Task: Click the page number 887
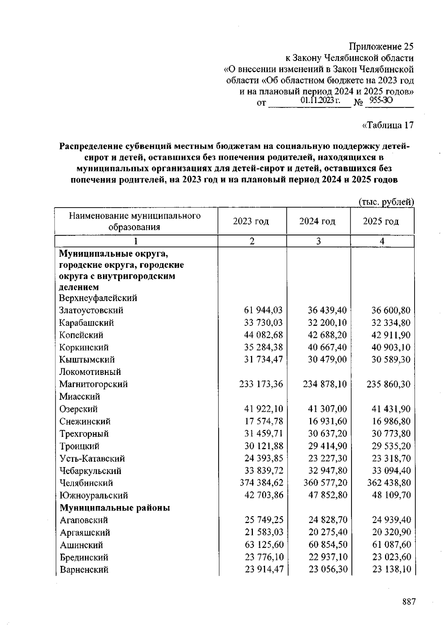click(x=409, y=602)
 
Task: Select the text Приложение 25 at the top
click(x=381, y=47)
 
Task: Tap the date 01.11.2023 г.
click(x=320, y=100)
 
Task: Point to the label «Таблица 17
click(x=388, y=126)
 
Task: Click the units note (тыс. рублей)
click(x=387, y=202)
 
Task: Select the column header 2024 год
click(x=317, y=221)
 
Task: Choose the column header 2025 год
click(x=381, y=221)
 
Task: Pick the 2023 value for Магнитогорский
click(x=261, y=384)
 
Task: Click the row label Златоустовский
click(x=91, y=310)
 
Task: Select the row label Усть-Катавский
click(x=92, y=458)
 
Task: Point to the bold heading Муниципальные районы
click(x=115, y=508)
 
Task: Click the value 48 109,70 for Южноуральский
click(x=391, y=495)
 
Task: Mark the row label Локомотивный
click(x=90, y=372)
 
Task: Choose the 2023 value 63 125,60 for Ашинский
click(x=264, y=545)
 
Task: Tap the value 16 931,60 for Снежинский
click(x=327, y=421)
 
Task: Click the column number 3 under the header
click(x=318, y=241)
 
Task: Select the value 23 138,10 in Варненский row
click(x=391, y=570)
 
